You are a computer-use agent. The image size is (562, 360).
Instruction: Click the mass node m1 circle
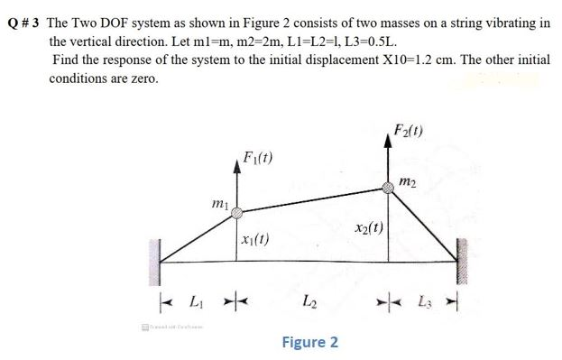[x=236, y=214]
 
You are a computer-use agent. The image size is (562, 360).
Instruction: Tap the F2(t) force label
[x=411, y=127]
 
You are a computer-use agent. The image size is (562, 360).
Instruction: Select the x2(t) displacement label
[x=369, y=226]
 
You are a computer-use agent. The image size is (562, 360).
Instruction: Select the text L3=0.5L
[x=364, y=42]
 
